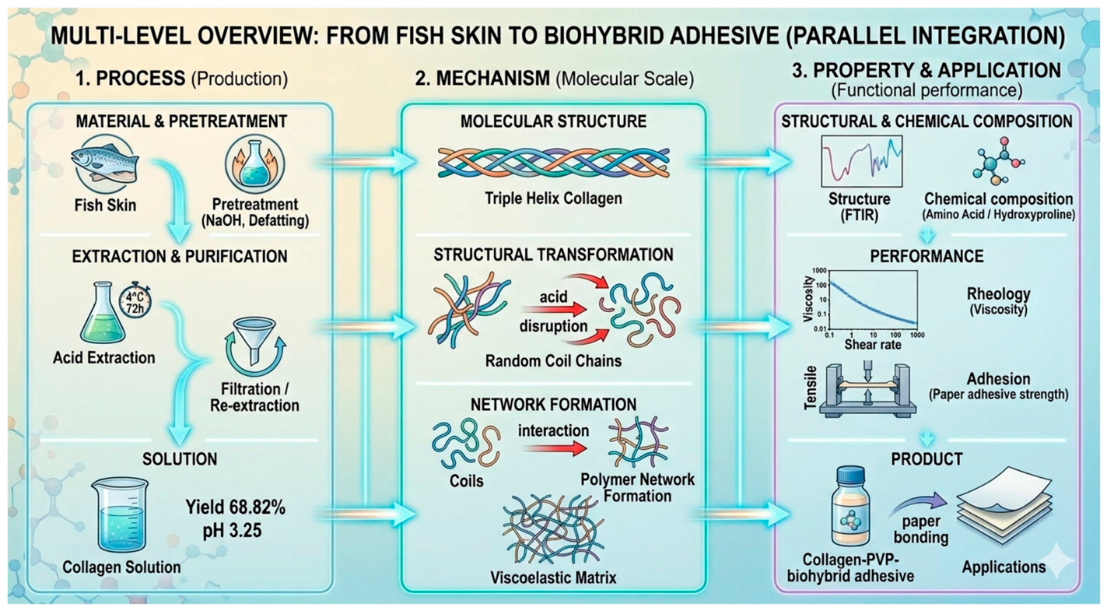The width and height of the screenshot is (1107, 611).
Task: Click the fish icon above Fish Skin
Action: tap(105, 164)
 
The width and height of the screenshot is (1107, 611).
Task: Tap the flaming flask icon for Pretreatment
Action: tap(255, 164)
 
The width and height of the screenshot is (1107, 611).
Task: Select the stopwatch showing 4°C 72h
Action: tap(135, 301)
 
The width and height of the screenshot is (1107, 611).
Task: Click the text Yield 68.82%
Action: tap(235, 507)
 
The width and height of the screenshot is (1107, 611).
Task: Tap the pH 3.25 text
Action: tap(233, 530)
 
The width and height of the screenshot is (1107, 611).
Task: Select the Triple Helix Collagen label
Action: tap(554, 198)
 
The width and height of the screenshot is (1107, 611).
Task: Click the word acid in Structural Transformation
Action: tap(554, 297)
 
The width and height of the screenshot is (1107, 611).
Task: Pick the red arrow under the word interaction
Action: tap(555, 449)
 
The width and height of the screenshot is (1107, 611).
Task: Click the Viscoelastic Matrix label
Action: tap(554, 578)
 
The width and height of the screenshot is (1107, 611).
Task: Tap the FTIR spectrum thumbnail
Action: tap(861, 161)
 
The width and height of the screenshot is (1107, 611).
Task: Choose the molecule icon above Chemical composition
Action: tap(998, 161)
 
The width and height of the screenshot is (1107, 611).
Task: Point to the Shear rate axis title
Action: tap(873, 345)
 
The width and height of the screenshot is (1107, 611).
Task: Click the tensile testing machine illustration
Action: tap(867, 391)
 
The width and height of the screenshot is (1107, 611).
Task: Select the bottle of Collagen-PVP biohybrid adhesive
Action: tap(850, 507)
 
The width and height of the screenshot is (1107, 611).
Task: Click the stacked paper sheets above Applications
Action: tap(1004, 505)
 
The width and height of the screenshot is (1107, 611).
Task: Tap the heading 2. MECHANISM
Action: tap(482, 79)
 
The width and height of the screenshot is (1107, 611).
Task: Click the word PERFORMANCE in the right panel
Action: tap(927, 256)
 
